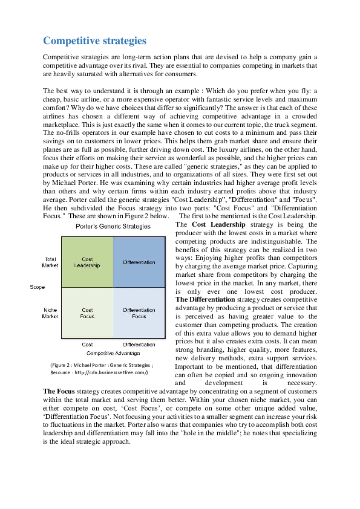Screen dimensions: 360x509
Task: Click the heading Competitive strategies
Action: coord(94,41)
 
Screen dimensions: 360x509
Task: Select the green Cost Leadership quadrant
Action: coord(87,262)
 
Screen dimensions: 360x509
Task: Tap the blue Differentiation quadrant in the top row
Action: coord(139,262)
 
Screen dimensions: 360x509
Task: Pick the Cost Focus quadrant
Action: coord(87,313)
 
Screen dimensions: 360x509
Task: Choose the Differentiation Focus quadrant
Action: coord(139,313)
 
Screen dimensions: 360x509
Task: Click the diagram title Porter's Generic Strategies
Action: coord(113,226)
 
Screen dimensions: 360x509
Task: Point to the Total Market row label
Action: coord(50,262)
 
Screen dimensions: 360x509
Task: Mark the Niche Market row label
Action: coord(50,313)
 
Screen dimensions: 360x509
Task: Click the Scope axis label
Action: coord(38,287)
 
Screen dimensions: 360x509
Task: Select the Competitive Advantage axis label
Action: coord(113,352)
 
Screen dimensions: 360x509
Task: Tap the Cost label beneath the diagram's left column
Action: coord(87,345)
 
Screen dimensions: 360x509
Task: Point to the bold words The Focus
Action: coord(59,391)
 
